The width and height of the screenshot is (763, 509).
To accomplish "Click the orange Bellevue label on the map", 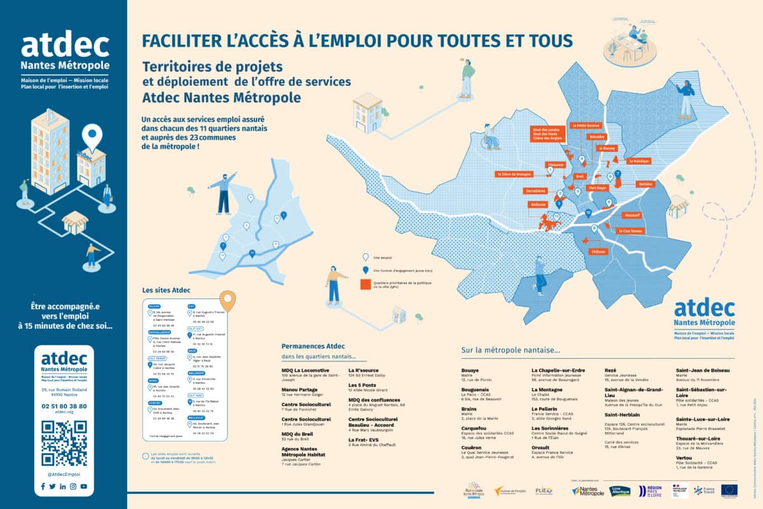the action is (x=537, y=205).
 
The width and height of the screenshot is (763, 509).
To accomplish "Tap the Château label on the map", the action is (x=599, y=252).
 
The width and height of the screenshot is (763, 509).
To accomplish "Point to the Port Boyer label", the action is (x=598, y=188).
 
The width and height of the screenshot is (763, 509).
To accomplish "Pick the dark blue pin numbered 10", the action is (x=588, y=213).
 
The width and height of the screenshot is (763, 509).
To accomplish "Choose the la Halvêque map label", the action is (x=639, y=161).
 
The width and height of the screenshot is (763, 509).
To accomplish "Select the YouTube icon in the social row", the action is (x=84, y=487).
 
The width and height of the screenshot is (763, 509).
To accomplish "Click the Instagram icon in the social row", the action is (x=73, y=487).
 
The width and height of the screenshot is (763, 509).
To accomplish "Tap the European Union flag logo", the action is (x=729, y=490).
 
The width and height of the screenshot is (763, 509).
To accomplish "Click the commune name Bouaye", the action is (x=471, y=370).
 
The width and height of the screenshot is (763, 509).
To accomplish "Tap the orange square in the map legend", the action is (x=366, y=284).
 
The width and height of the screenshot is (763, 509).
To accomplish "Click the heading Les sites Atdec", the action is (x=167, y=290).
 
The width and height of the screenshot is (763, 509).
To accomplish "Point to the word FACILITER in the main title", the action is (x=176, y=40).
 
